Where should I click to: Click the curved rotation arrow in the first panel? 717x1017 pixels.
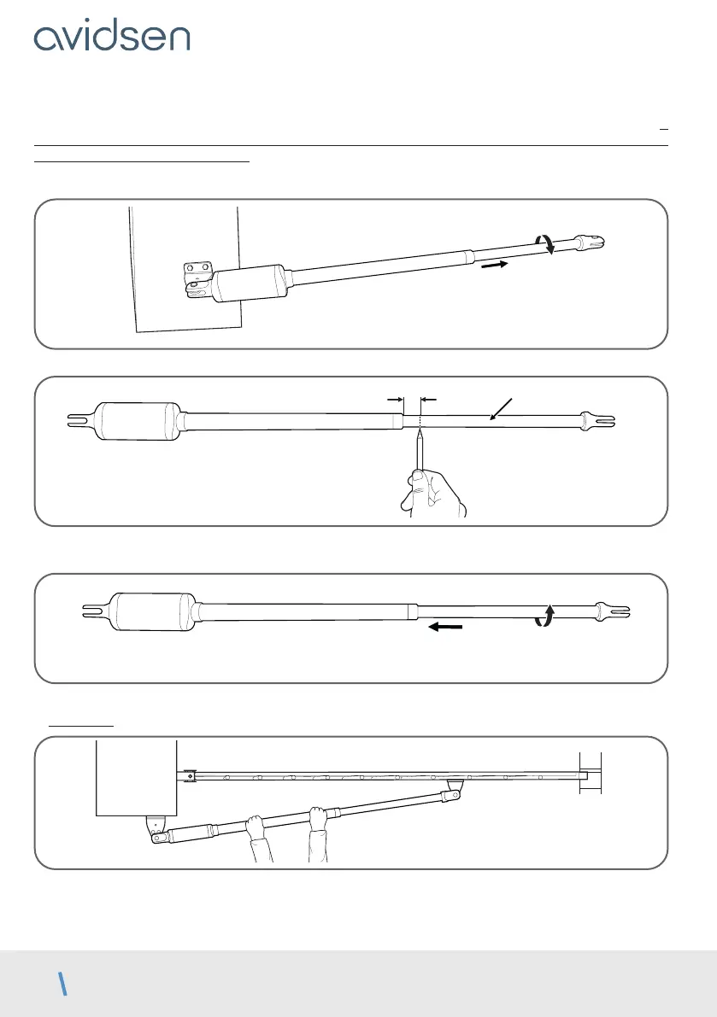(x=547, y=244)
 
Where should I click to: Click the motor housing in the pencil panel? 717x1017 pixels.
(x=138, y=421)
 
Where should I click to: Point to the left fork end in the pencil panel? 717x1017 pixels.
(x=79, y=419)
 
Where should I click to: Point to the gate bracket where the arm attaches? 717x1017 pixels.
(x=454, y=788)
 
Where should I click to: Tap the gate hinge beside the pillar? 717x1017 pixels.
(x=187, y=776)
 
